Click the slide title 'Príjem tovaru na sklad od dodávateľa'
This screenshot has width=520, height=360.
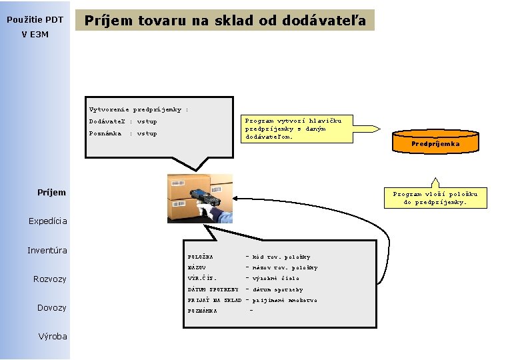225,21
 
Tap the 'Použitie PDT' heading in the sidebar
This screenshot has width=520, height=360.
35,20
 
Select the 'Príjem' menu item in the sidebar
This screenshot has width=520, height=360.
52,193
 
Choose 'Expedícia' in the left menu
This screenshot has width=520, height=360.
48,221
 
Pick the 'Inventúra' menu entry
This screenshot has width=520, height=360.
47,251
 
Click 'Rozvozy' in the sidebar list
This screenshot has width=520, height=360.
50,279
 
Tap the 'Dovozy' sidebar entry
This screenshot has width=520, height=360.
51,308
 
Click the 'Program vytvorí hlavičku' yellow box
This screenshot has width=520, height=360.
293,129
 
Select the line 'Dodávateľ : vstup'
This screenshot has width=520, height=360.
123,121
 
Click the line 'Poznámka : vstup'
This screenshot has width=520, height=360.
123,133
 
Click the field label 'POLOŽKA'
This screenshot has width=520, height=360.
201,257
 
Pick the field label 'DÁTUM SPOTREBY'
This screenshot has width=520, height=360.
213,289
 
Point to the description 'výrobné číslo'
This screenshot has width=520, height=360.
276,278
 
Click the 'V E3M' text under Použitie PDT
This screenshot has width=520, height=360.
35,35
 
